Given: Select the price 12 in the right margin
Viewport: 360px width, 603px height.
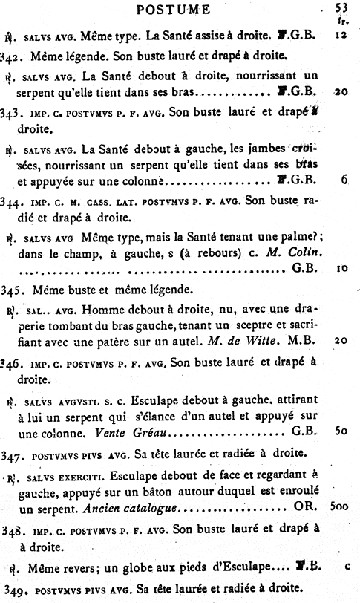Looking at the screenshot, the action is click(341, 34).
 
